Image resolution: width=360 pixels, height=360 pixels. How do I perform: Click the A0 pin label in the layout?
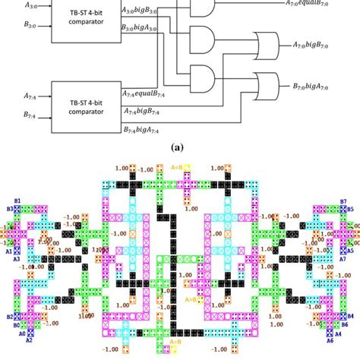(x=22, y=333)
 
